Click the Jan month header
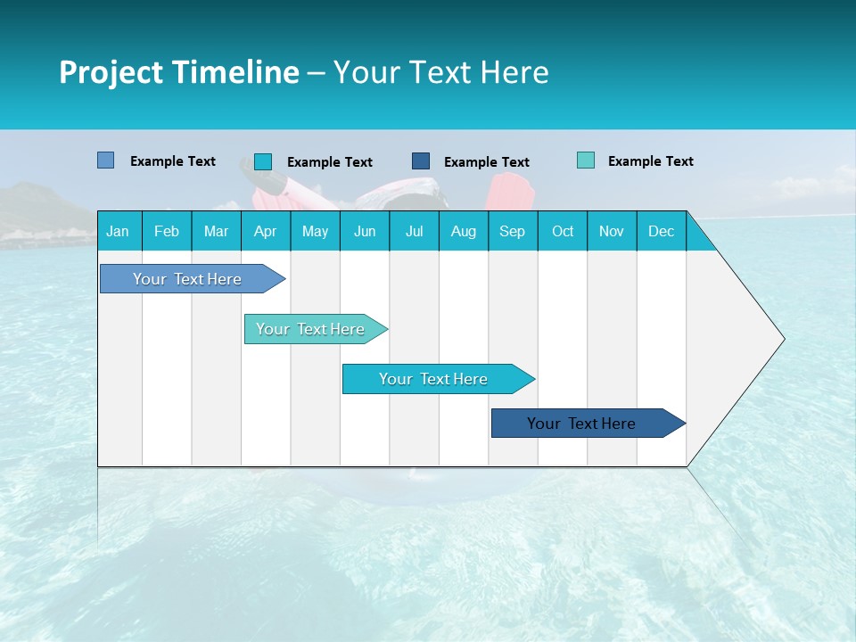point(118,231)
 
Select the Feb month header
point(167,231)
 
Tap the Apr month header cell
point(265,231)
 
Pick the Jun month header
point(365,231)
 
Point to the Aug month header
point(463,231)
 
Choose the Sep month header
point(512,231)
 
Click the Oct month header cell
point(563,231)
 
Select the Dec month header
point(661,231)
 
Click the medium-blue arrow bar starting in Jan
point(187,279)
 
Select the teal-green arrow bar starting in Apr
point(310,329)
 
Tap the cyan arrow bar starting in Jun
point(433,379)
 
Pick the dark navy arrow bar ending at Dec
point(581,424)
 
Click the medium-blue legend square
point(106,160)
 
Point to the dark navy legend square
point(421,161)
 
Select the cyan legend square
point(263,161)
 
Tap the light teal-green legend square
point(586,160)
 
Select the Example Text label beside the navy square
point(486,162)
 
